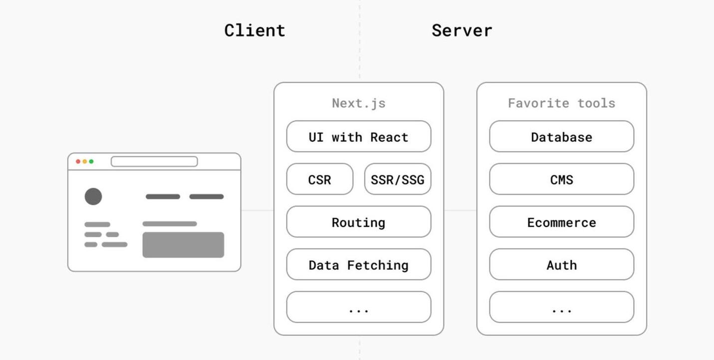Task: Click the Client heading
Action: click(254, 30)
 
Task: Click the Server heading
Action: click(462, 30)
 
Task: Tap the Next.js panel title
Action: click(359, 104)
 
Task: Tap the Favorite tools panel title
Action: click(562, 103)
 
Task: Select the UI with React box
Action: click(359, 136)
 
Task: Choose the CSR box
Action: click(320, 179)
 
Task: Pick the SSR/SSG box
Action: click(398, 179)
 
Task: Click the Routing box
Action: click(359, 222)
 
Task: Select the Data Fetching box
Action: click(359, 264)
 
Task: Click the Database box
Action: click(562, 136)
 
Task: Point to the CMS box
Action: click(562, 179)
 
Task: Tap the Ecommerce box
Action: click(562, 222)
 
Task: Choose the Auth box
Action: click(562, 264)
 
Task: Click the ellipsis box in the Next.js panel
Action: click(359, 307)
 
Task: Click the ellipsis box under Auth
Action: click(562, 307)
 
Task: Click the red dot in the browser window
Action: click(78, 162)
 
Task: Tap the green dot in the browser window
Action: click(91, 162)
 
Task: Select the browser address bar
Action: click(154, 162)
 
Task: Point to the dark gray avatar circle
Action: click(93, 196)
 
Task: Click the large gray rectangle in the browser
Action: click(183, 245)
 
